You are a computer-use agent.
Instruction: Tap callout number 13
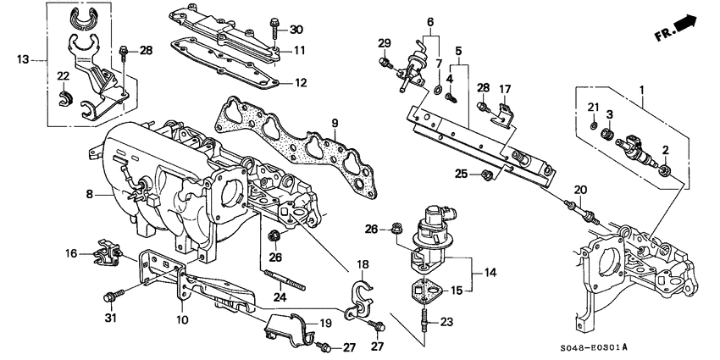pyautogui.click(x=23, y=58)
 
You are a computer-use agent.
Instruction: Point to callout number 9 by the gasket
pyautogui.click(x=335, y=125)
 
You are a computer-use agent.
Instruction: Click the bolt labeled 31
pyautogui.click(x=111, y=296)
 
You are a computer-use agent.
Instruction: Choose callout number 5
pyautogui.click(x=458, y=50)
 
